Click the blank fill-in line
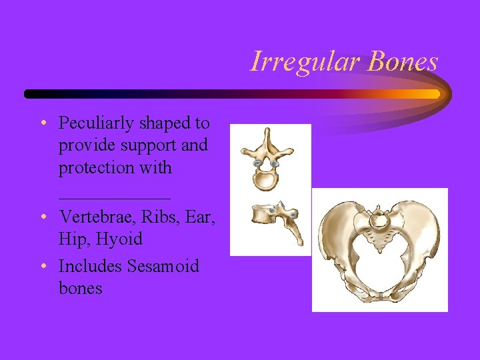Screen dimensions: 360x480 tap(114, 197)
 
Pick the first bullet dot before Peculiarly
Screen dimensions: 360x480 tap(43, 124)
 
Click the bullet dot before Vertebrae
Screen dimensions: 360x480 tap(43, 217)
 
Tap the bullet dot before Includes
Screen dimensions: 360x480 tap(43, 267)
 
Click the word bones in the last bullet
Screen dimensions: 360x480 tap(80, 288)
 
